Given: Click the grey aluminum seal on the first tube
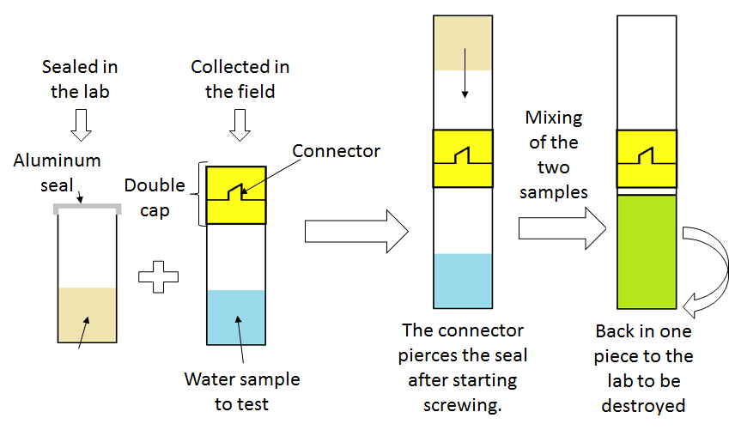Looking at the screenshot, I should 85,209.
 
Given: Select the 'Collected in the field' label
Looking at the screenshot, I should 240,78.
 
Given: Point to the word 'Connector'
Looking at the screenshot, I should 336,151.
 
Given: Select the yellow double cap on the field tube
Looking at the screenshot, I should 236,196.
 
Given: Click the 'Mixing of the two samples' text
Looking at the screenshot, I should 554,154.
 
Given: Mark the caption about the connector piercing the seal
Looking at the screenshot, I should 462,367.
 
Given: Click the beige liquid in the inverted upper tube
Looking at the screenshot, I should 463,42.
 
